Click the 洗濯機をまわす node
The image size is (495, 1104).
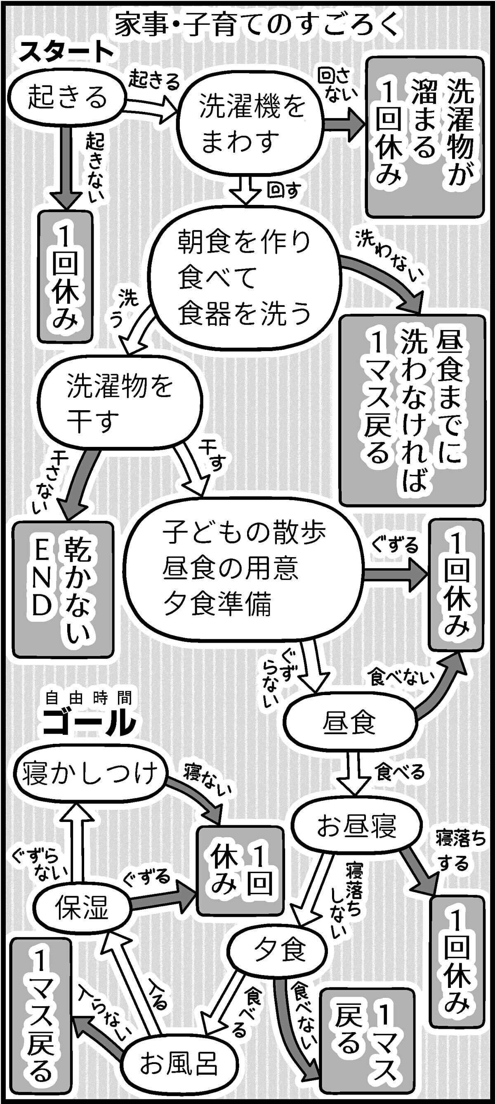tap(250, 124)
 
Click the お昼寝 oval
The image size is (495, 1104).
tap(356, 826)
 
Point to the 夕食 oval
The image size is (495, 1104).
tap(279, 949)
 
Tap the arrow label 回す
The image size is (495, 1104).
tap(283, 190)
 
